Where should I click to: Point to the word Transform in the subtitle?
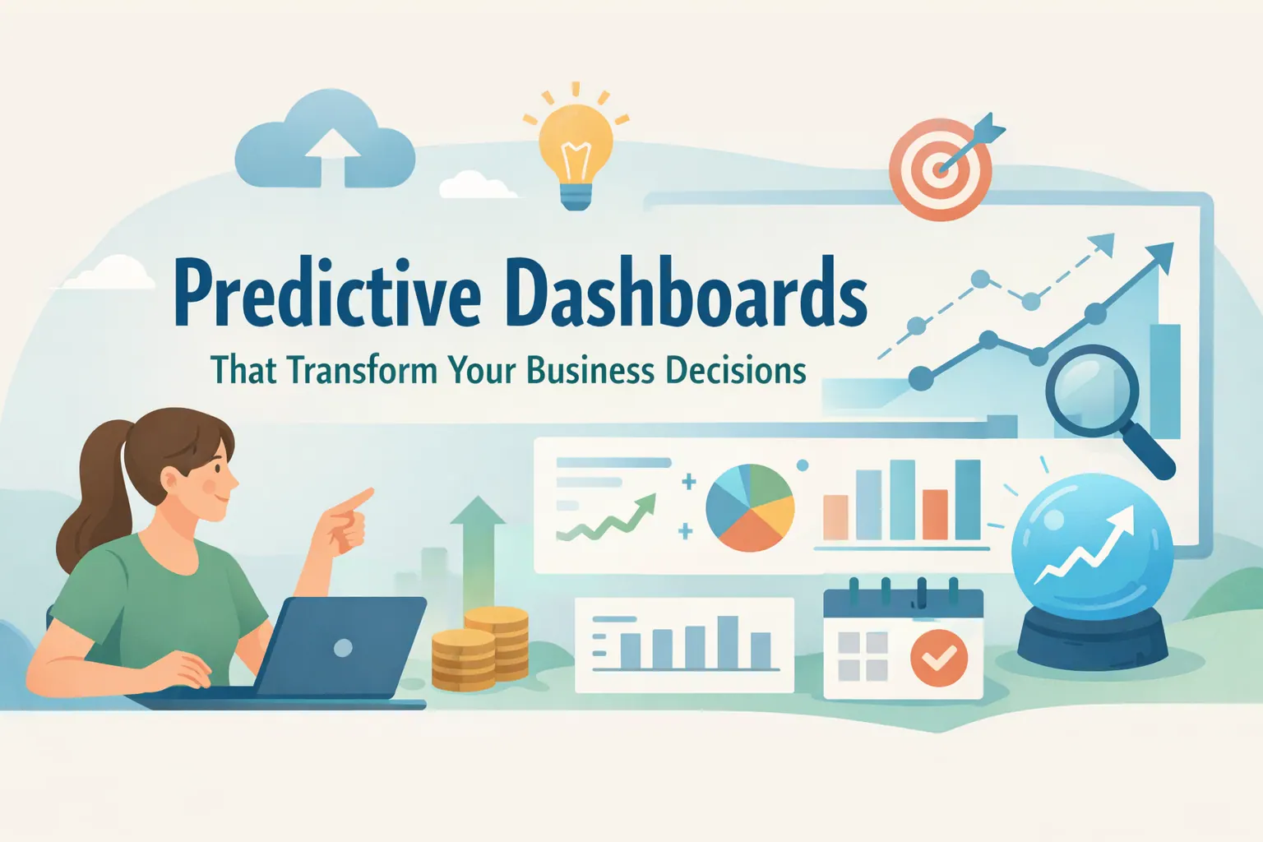pyautogui.click(x=362, y=370)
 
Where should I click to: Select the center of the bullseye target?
pyautogui.click(x=939, y=169)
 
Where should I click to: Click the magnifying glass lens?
pyautogui.click(x=1092, y=391)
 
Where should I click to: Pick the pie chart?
pyautogui.click(x=750, y=507)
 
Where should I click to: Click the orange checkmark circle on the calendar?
pyautogui.click(x=939, y=658)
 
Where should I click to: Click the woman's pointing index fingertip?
pyautogui.click(x=369, y=493)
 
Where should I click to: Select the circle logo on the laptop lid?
pyautogui.click(x=343, y=648)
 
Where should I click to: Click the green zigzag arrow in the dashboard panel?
pyautogui.click(x=606, y=518)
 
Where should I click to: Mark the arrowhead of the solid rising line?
pyautogui.click(x=1159, y=257)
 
